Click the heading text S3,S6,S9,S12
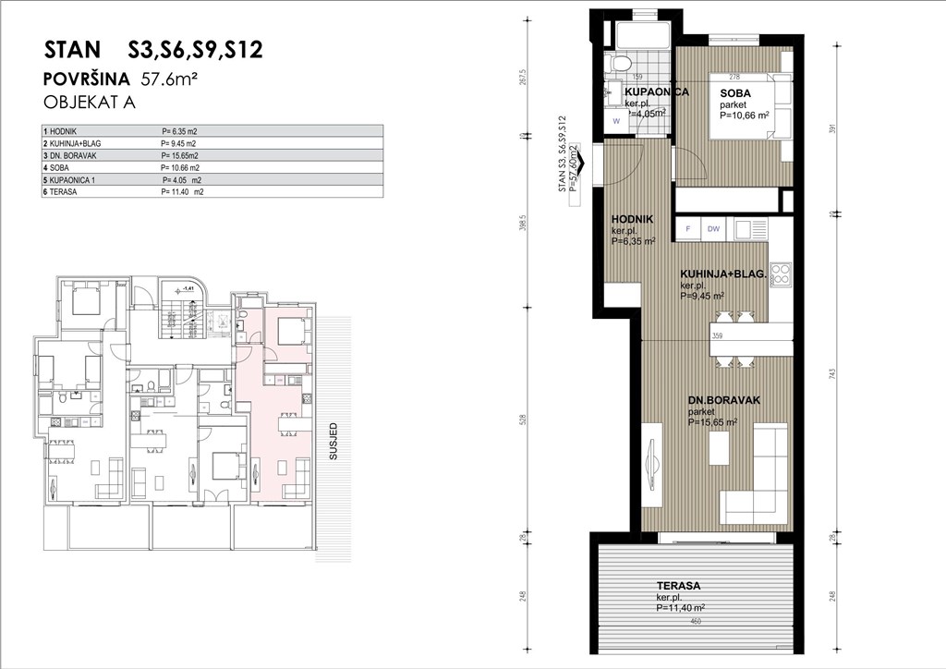pos(193,50)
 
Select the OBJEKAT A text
pos(90,103)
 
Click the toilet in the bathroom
pos(621,64)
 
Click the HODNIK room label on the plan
pos(633,219)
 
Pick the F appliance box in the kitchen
pos(687,228)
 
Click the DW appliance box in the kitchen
pos(713,228)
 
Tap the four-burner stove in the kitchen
pos(781,274)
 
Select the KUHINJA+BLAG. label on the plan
pos(722,274)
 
